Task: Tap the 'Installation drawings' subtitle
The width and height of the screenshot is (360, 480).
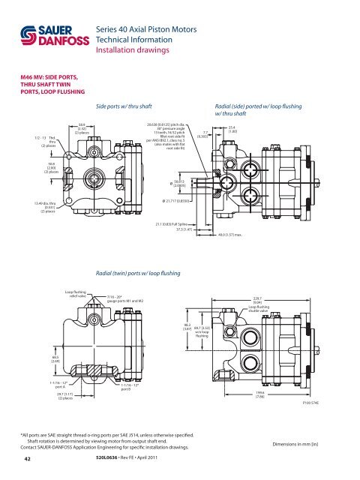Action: [x=136, y=52]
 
